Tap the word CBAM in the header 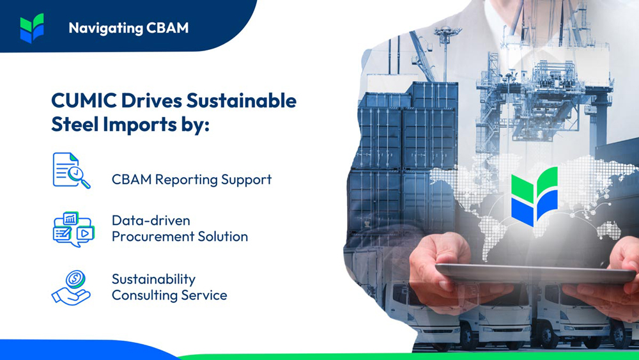point(168,28)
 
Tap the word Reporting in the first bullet point(182,180)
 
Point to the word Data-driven point(150,221)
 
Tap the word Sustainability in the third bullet point(153,279)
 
